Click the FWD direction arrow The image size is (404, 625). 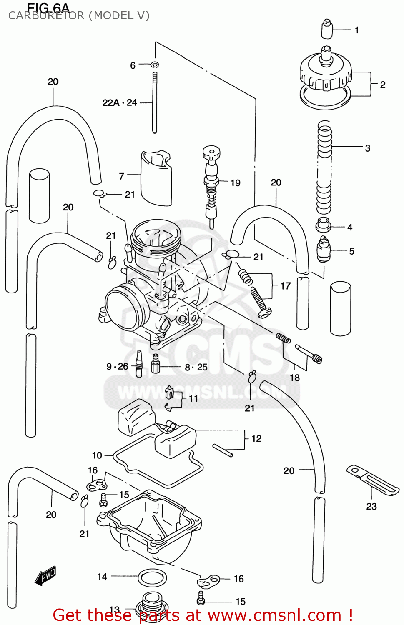point(45,576)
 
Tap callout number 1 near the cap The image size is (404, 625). point(356,30)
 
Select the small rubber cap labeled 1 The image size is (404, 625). point(327,29)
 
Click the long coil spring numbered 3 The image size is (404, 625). point(324,167)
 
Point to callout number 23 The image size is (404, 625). point(371,506)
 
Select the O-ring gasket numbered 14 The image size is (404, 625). point(152,578)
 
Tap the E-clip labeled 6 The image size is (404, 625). point(155,65)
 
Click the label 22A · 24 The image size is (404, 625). point(120,102)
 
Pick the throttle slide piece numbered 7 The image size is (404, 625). point(156,178)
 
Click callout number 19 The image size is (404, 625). point(235,183)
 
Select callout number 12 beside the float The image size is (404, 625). point(256,438)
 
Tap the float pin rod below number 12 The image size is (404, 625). point(223,450)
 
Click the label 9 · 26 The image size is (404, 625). point(117,367)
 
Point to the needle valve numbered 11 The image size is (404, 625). point(169,392)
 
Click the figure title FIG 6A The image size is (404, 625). point(48,7)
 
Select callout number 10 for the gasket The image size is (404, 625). point(97,455)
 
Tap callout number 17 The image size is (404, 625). point(285,286)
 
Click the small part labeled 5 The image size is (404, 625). point(324,249)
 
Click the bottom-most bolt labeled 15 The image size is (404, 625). point(201,599)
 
